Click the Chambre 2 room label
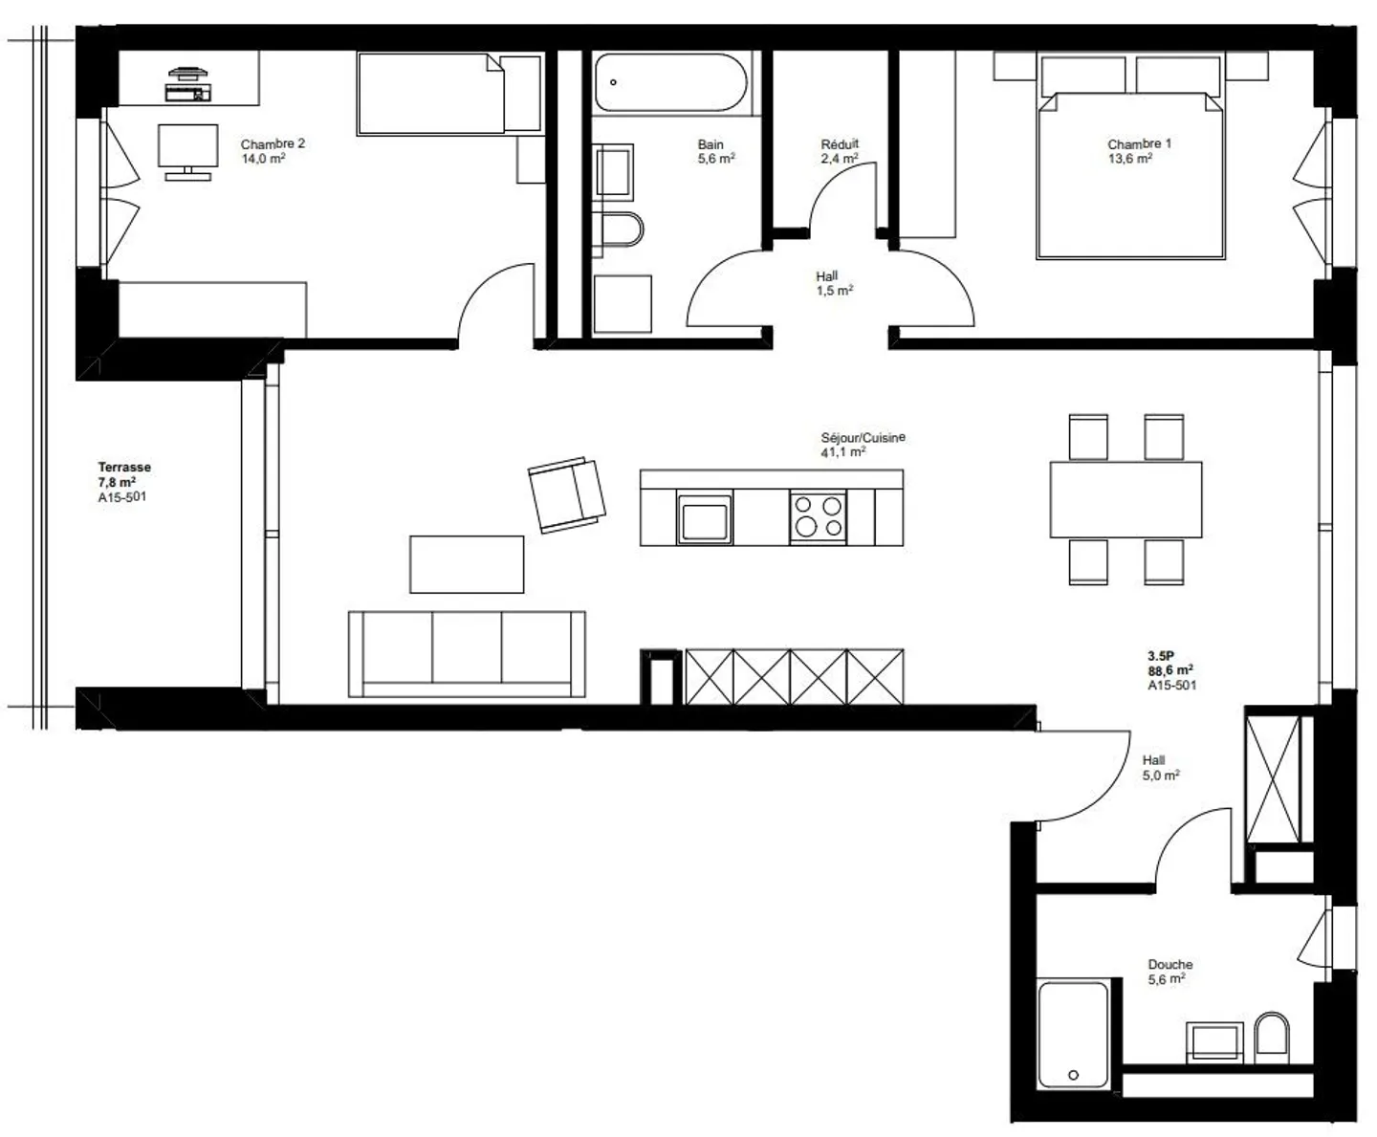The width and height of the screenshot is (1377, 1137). coord(273,144)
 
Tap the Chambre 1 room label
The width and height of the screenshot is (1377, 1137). coord(1139,144)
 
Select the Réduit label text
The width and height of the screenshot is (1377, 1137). coord(840,144)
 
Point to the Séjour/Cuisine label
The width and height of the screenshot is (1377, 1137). coord(863,438)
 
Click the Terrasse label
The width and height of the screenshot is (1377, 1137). coord(124,468)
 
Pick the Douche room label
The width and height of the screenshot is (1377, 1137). coord(1169,965)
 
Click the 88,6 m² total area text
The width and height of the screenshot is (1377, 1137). coord(1169,670)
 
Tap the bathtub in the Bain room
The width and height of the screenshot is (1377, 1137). coord(669,82)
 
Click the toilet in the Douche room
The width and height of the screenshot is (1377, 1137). coord(1272,1037)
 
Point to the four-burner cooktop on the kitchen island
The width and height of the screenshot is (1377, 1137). coord(818,516)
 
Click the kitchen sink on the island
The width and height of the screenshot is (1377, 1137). coord(705,518)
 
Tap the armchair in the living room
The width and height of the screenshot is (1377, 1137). coord(567,494)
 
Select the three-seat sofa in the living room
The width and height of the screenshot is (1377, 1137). coord(467,653)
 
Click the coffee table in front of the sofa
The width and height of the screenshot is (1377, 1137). coord(467,564)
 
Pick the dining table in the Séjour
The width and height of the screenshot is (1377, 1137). coord(1126,499)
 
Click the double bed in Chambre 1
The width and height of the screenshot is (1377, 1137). coord(1130,177)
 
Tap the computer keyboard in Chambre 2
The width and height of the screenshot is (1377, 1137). coord(187,93)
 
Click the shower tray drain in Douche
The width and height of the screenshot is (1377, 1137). coord(1072,1076)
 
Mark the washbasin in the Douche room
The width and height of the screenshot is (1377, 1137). coord(1214,1041)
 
